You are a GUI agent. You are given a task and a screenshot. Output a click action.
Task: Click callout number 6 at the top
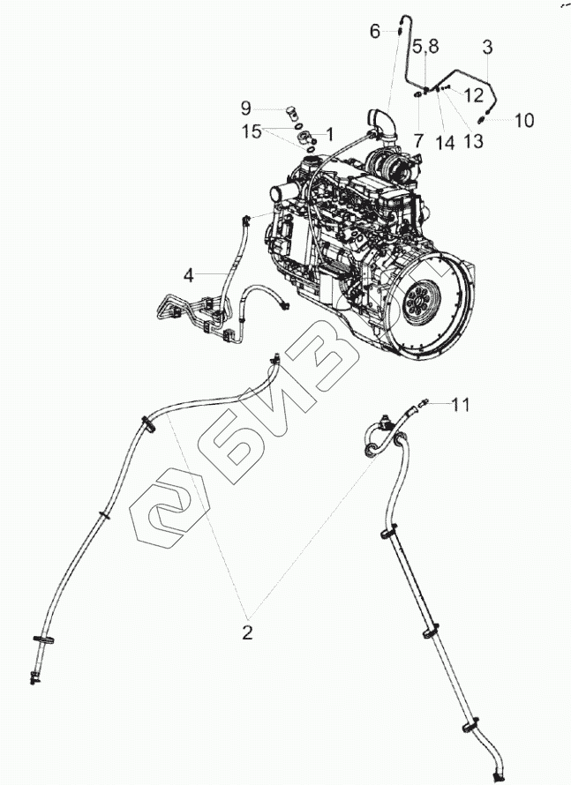tap(374, 32)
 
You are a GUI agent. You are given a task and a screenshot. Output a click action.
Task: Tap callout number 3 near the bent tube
tap(487, 46)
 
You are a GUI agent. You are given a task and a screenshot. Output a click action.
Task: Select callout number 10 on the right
tap(523, 120)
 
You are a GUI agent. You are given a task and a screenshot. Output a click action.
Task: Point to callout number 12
tap(474, 94)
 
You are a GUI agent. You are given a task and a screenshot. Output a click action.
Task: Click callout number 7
tap(418, 139)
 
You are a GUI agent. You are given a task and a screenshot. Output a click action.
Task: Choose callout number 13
tap(473, 140)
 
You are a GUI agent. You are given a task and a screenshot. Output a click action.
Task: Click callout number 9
tap(246, 108)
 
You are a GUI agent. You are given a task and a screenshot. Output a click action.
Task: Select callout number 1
tap(329, 134)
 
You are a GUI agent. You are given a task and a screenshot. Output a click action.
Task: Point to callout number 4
tap(188, 275)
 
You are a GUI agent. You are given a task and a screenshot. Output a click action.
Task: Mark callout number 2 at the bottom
tap(248, 632)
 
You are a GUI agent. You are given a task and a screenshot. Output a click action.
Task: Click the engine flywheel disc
tap(422, 301)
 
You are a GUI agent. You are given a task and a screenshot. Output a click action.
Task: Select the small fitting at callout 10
tap(482, 118)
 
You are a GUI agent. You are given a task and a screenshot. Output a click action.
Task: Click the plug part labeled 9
tap(292, 113)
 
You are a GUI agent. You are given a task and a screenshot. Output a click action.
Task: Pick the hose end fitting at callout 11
tap(426, 403)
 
